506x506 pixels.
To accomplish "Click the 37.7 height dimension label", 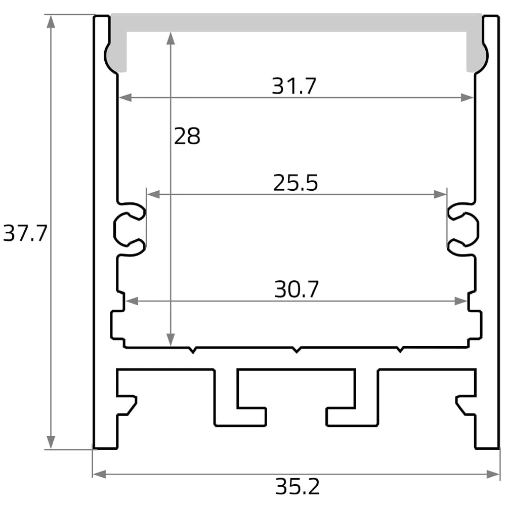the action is pos(25,233).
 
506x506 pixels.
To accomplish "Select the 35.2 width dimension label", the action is pos(297,486).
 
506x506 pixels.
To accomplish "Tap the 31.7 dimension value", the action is pos(293,86).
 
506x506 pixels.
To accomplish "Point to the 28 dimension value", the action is pos(187,136).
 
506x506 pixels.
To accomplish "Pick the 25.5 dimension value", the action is pos(296,183).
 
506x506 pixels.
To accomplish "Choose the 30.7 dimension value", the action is pos(297,289).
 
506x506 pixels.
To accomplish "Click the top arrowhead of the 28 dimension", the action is pos(171,38).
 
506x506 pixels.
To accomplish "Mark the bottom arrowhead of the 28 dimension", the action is pos(171,340).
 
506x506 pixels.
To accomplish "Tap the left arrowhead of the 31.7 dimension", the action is pos(125,98).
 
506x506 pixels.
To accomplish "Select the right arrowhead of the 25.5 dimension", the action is pos(441,194).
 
